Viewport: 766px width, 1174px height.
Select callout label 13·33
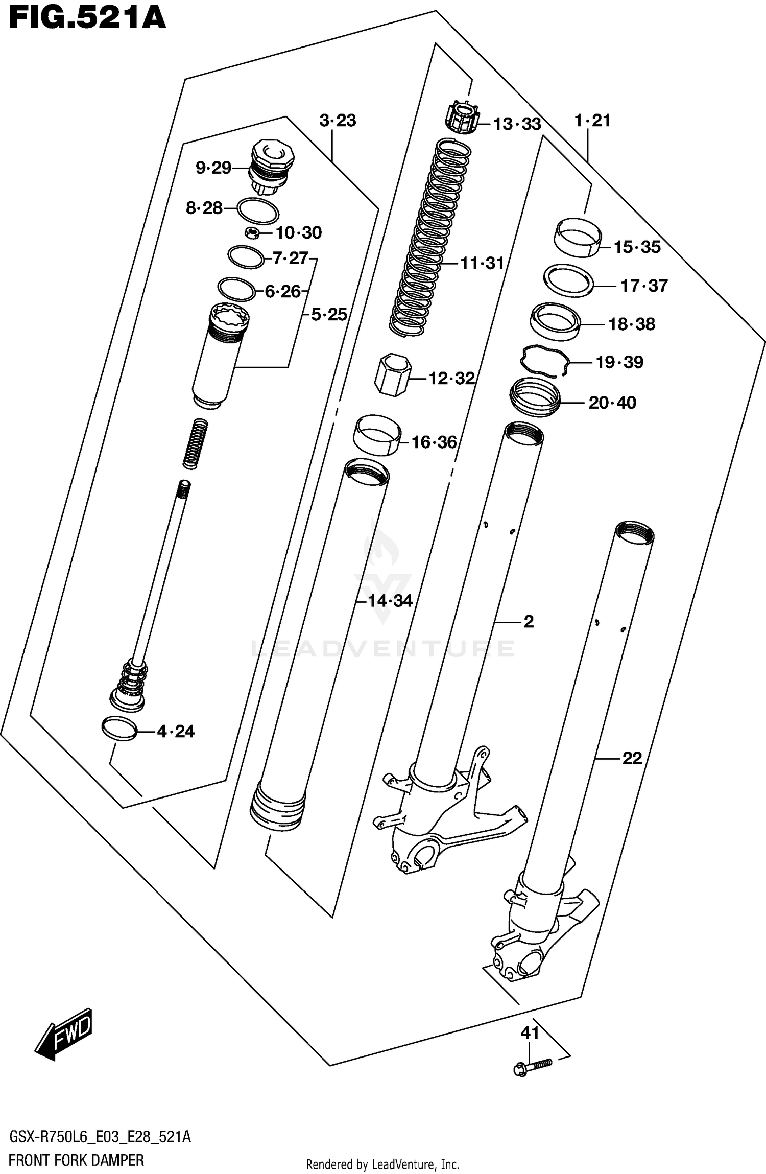click(517, 124)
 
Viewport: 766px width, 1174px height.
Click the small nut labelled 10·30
click(251, 233)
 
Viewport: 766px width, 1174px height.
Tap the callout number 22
click(632, 758)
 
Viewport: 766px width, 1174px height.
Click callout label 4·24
click(175, 732)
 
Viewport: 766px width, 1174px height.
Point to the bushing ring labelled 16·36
click(377, 434)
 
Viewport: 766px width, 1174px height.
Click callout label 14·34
click(390, 601)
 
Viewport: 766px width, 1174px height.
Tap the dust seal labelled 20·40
click(535, 397)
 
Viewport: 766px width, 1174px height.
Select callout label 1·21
click(592, 121)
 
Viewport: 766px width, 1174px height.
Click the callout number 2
click(529, 622)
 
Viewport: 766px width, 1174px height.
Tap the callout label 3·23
click(338, 121)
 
